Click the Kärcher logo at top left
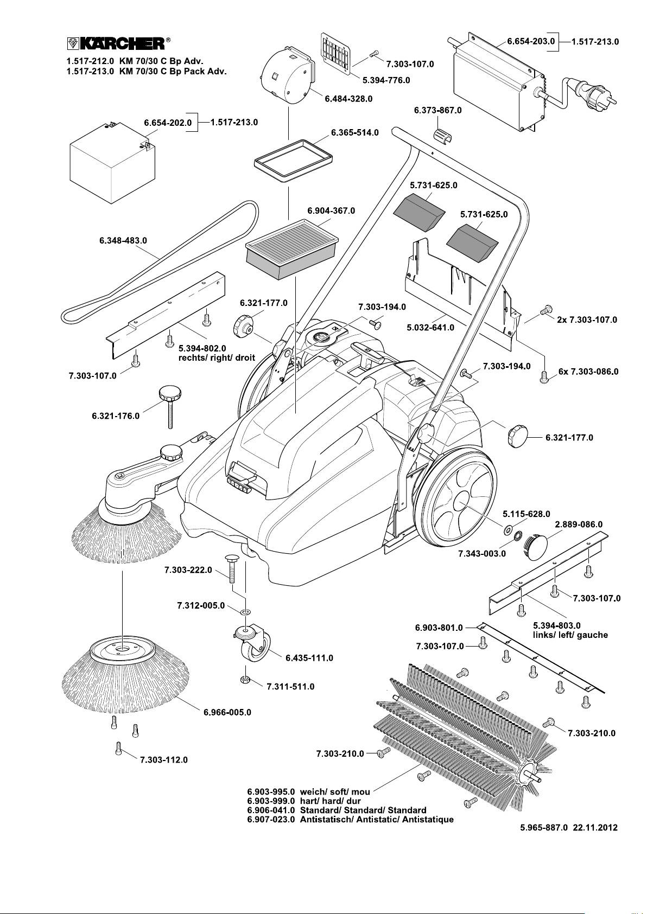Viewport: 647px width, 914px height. coord(115,43)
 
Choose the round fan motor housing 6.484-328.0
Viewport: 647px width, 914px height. coord(286,76)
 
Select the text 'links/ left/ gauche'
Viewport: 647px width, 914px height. coord(570,635)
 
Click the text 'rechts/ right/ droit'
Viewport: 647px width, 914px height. coord(217,358)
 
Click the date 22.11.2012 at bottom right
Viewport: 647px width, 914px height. coord(595,828)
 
